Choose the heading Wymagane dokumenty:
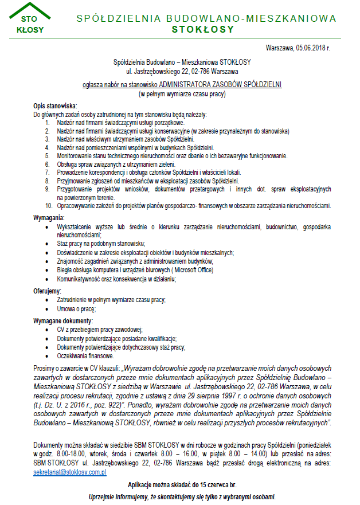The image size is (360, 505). click(63, 321)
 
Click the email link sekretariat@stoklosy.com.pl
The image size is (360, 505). click(70, 473)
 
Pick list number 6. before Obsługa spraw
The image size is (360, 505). click(49, 164)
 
